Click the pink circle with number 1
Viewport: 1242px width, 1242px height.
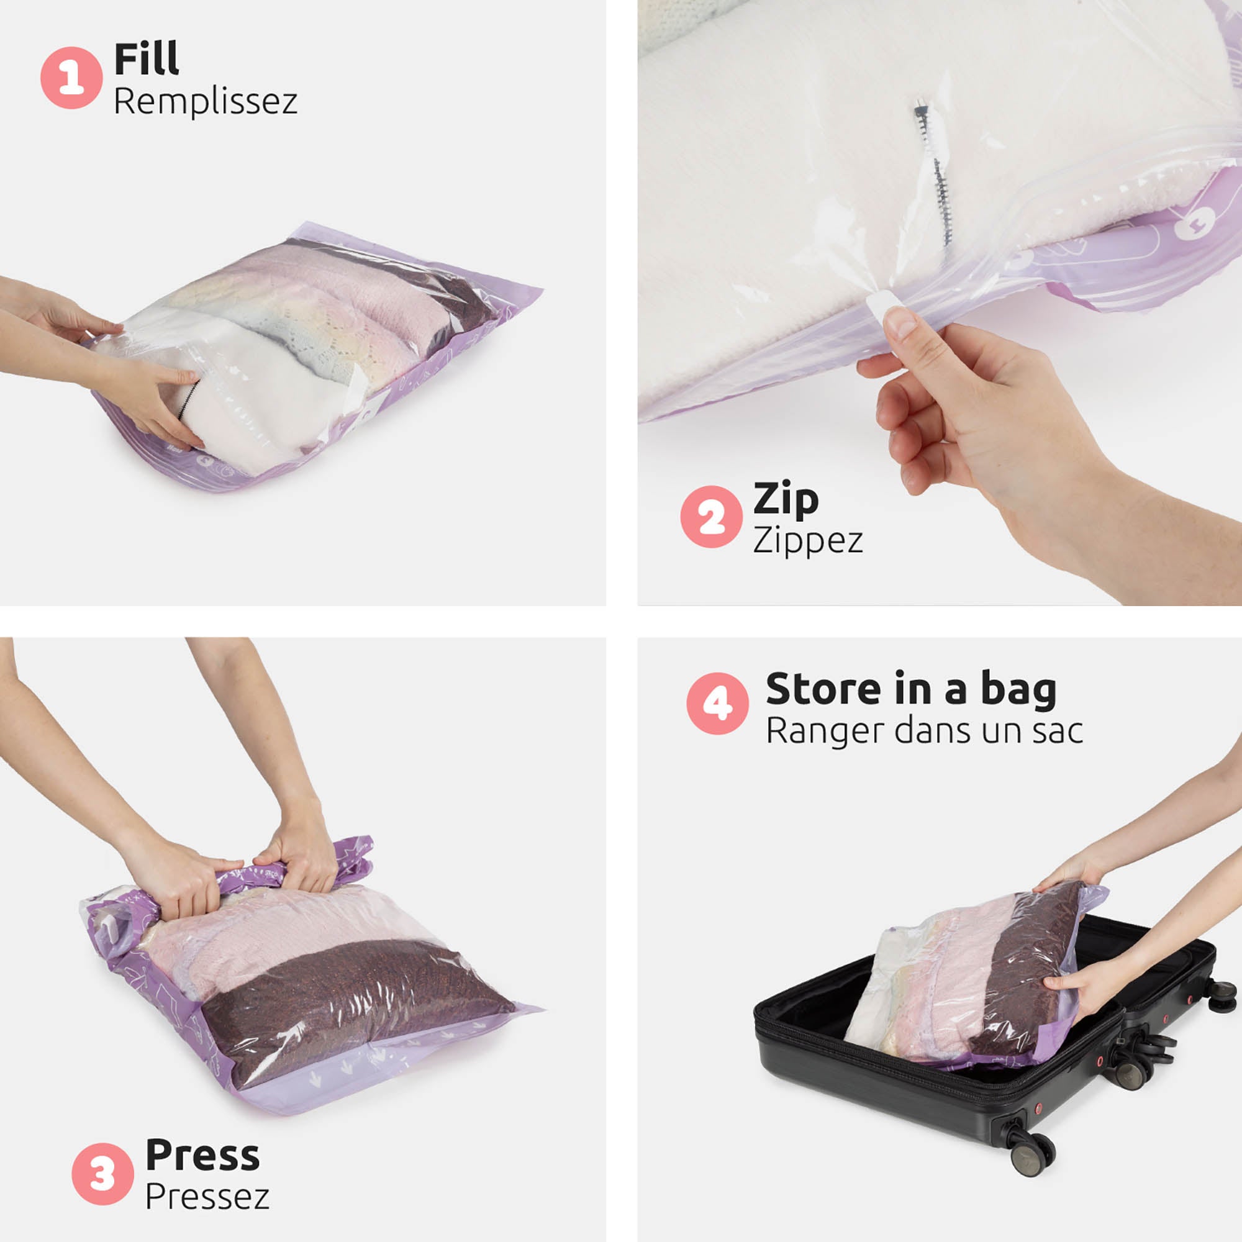[x=71, y=78]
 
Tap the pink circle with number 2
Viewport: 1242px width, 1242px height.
[x=711, y=517]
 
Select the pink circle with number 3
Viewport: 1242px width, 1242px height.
[x=102, y=1174]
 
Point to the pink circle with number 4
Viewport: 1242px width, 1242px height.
[x=717, y=704]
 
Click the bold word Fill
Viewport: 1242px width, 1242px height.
[x=146, y=59]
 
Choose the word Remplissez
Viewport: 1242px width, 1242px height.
[x=205, y=102]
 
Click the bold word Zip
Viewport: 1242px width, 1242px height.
[x=786, y=498]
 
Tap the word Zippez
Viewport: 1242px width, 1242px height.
[x=807, y=540]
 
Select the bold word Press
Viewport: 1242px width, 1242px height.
[x=202, y=1155]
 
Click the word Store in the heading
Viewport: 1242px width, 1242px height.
[x=823, y=689]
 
